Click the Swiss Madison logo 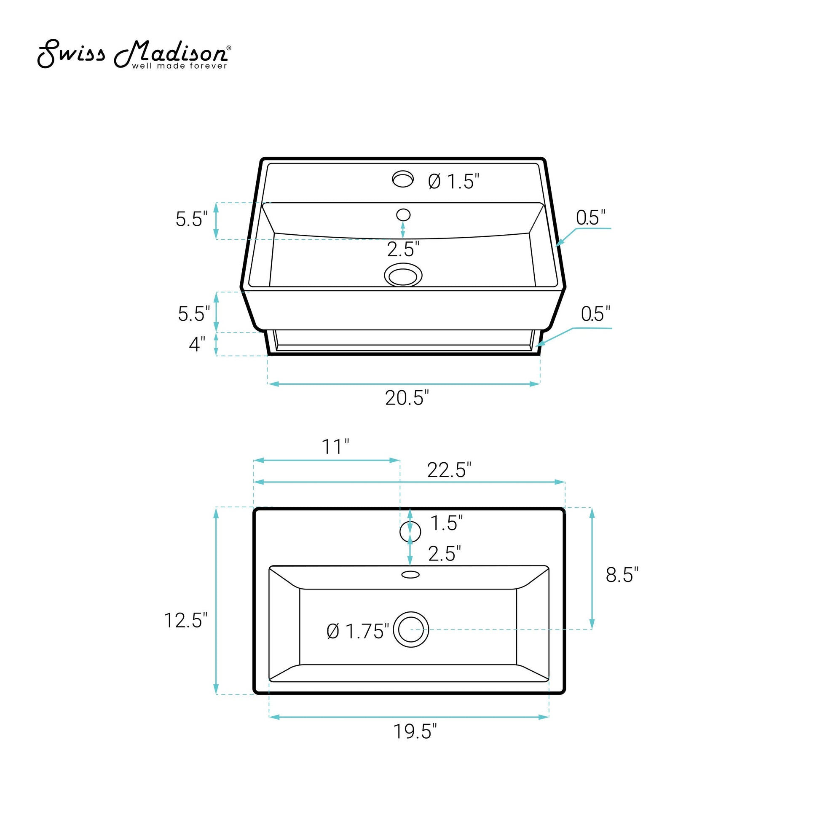(134, 54)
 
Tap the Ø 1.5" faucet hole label (454, 182)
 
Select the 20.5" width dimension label (407, 398)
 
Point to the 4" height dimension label (197, 344)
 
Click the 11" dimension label (335, 447)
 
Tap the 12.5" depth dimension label (185, 621)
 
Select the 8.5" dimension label (622, 575)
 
